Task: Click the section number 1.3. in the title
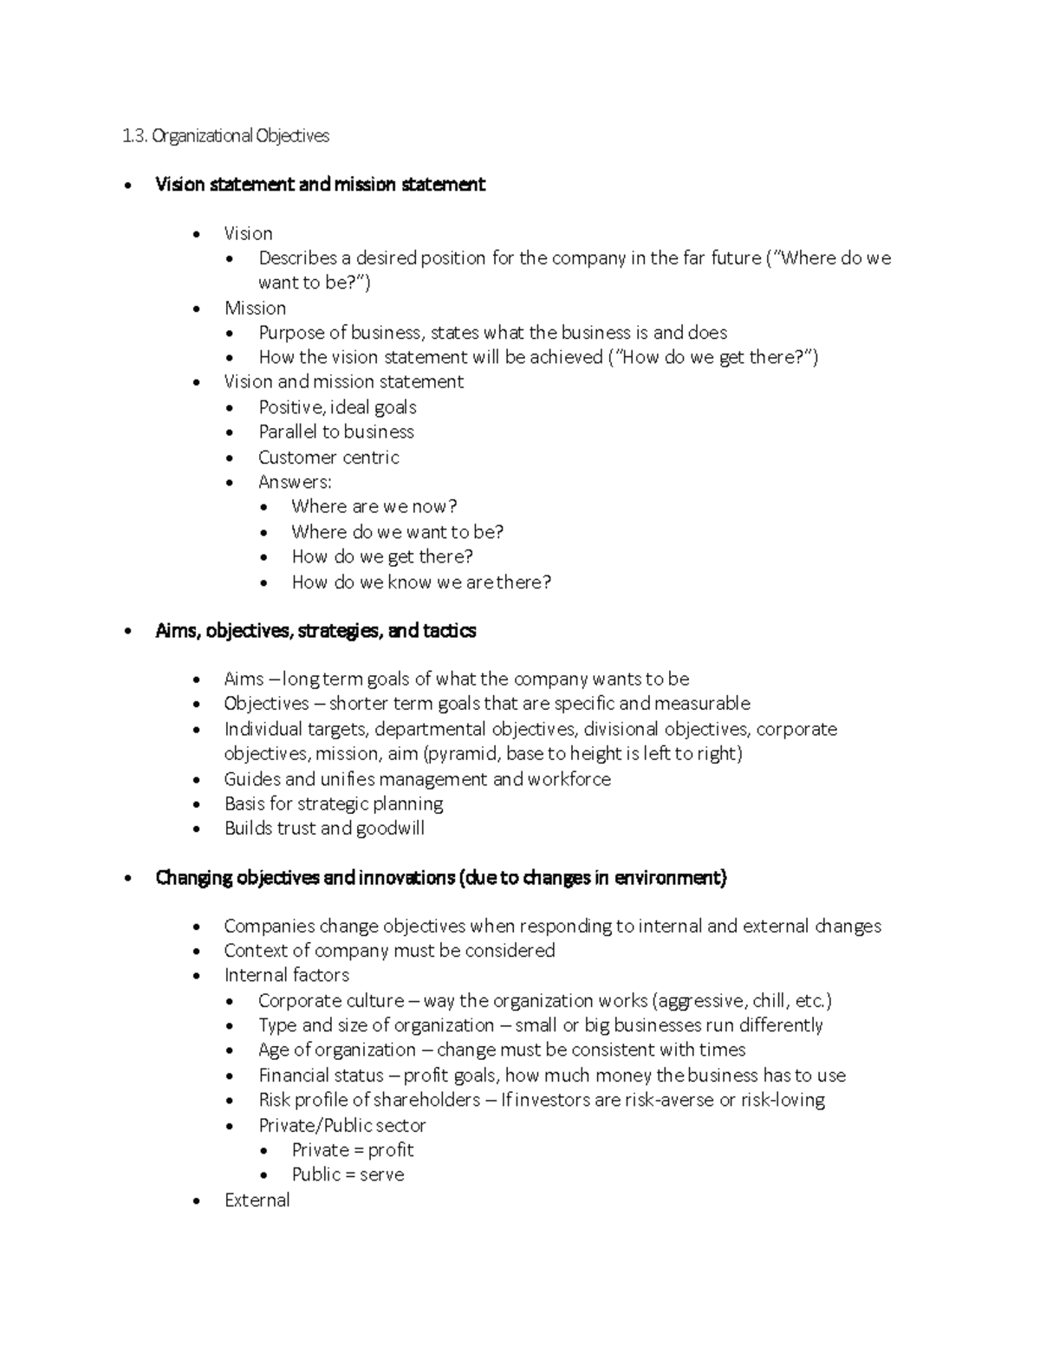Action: pos(135,136)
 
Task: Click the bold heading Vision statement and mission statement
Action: pos(320,185)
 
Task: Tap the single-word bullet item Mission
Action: pos(255,309)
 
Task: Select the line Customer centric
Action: pos(328,458)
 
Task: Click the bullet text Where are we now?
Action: pos(374,507)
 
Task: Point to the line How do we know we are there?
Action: pos(421,582)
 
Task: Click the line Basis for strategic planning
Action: pos(334,804)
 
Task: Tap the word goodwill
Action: pos(390,829)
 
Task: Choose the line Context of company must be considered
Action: pos(389,951)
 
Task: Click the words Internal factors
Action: pos(286,976)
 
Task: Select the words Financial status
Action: pos(321,1076)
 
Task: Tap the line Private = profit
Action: pos(352,1150)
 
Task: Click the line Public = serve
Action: pos(348,1175)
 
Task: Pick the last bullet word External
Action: pos(257,1200)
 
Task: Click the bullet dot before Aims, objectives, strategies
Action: pos(128,632)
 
